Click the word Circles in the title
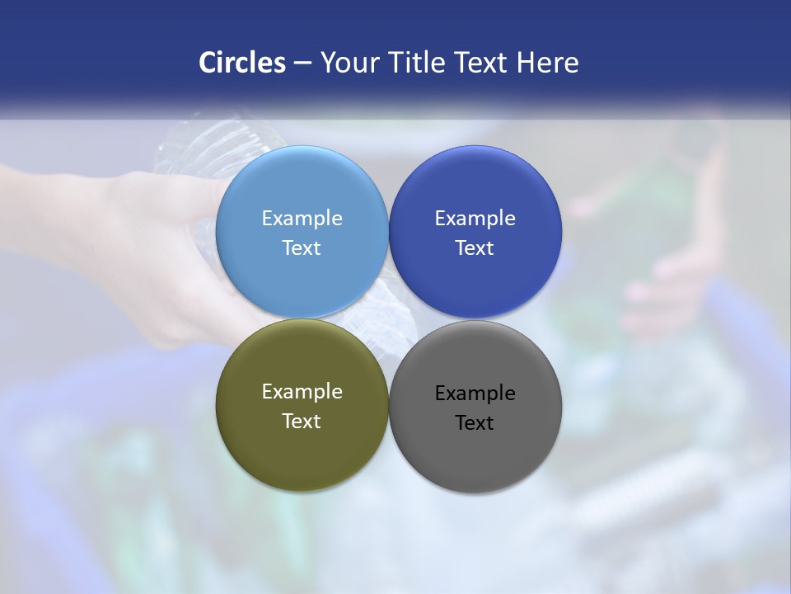pos(242,63)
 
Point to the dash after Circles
pos(302,64)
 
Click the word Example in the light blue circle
pos(302,219)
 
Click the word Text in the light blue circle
pos(302,248)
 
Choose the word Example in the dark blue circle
pos(475,219)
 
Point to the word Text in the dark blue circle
pos(475,248)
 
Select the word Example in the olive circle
pos(302,392)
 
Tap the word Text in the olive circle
pos(302,422)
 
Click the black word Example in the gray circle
pos(475,394)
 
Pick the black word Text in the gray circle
pos(475,423)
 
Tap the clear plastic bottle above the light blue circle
pos(206,148)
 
